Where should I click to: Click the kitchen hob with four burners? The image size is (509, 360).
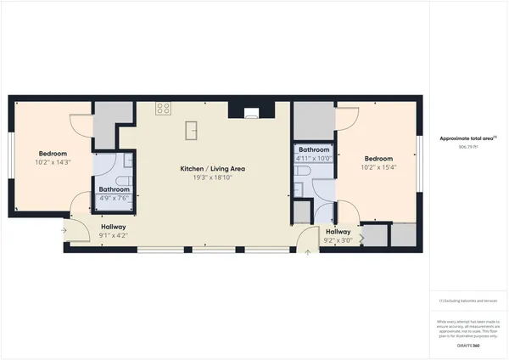coord(163,109)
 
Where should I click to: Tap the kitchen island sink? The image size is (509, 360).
coord(192,130)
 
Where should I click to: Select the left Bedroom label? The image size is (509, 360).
coord(53,153)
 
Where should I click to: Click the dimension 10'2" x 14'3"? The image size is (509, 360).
coord(53,162)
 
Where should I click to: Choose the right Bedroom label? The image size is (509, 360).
coord(378,159)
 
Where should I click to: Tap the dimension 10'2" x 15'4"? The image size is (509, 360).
coord(378,168)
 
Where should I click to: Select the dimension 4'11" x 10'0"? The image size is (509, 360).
coord(312,159)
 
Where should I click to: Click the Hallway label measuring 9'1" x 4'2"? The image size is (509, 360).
coord(114,228)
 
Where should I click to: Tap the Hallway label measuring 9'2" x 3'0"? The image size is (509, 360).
coord(338,232)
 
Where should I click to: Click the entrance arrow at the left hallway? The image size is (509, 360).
coord(64,229)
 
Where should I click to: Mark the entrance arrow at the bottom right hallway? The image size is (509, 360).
coord(308,253)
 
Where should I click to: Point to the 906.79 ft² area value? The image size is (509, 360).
coord(468,148)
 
